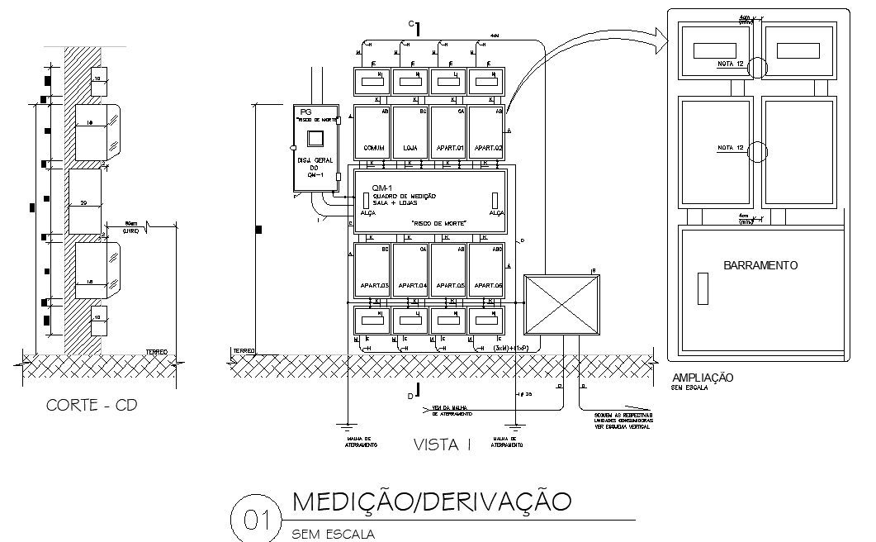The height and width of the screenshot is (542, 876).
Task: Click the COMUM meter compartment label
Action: (x=373, y=148)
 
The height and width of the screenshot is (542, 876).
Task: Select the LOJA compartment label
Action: (x=410, y=148)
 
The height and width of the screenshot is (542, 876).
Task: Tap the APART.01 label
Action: (x=448, y=148)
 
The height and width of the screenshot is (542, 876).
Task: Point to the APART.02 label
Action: (x=487, y=148)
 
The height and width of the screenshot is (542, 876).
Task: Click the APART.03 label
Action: (x=373, y=285)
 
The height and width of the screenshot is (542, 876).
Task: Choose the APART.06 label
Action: (x=487, y=285)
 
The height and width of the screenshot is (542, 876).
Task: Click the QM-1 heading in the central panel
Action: (x=381, y=188)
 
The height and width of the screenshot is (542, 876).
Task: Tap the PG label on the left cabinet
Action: (x=305, y=112)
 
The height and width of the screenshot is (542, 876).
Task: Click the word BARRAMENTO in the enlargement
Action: (x=760, y=265)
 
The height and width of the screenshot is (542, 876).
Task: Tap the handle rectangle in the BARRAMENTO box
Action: (x=703, y=288)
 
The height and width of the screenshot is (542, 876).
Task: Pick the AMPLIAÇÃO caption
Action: (x=703, y=377)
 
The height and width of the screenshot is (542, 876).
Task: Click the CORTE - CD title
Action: (x=92, y=405)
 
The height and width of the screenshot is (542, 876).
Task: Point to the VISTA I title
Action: (x=442, y=445)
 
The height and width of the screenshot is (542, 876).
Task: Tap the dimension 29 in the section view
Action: (x=84, y=202)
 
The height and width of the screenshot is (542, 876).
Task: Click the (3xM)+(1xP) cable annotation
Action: (x=515, y=349)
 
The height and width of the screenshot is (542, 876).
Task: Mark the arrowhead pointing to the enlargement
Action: (x=658, y=34)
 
